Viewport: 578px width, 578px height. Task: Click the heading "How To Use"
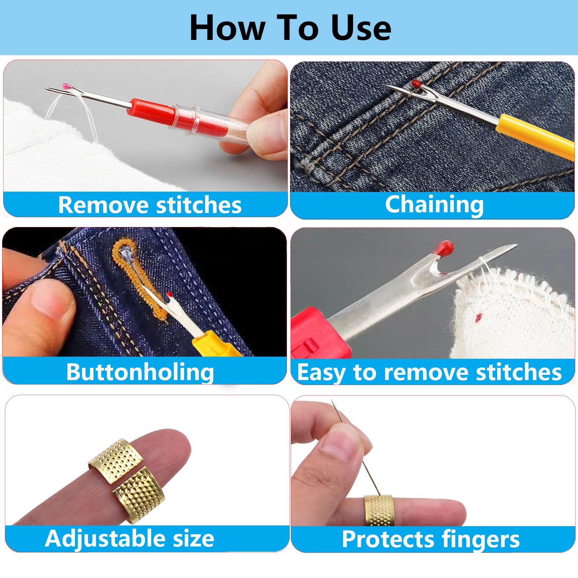[290, 28]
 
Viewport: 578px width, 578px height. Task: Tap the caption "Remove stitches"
[150, 205]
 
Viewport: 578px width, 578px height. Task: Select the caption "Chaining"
[434, 205]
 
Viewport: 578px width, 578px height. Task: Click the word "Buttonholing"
[140, 372]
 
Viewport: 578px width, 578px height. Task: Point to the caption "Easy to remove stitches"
[429, 372]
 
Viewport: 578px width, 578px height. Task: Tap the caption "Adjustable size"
[130, 539]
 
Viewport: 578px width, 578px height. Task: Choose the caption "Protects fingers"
[431, 539]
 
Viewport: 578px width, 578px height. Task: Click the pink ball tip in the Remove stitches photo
[66, 86]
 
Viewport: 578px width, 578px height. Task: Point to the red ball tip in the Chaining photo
[416, 83]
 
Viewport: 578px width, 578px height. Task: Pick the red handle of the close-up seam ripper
[320, 333]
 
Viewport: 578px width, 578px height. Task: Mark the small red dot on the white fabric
[477, 317]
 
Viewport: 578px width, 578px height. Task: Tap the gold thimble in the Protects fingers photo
[379, 510]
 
